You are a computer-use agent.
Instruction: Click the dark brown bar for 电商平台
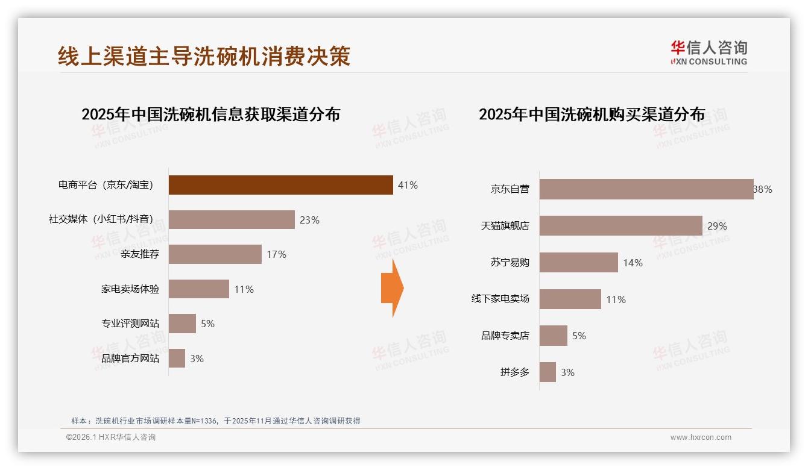pos(280,185)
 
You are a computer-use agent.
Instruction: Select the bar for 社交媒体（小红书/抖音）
pos(232,220)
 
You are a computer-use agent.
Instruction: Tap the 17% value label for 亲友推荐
pos(277,254)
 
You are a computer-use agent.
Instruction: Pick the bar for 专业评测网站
pos(182,324)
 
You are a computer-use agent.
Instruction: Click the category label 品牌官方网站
pos(130,359)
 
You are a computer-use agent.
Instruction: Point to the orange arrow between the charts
pos(392,288)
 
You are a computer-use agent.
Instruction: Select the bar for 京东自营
pos(646,189)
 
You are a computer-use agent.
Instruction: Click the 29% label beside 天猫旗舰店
pos(717,226)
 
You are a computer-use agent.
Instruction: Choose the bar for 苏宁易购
pos(578,263)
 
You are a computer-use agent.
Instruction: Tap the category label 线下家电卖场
pos(500,299)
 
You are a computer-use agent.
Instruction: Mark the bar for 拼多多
pos(548,372)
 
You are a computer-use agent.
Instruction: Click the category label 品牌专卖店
pos(505,336)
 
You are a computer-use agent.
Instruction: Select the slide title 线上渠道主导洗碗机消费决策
pos(204,56)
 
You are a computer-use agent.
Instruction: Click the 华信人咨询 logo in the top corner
pos(709,52)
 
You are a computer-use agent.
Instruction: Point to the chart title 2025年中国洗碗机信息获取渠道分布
pos(210,114)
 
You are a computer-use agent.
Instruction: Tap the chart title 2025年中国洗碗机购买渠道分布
pos(592,114)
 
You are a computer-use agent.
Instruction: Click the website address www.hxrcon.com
pos(701,437)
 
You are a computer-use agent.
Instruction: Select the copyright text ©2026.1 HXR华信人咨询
pos(111,437)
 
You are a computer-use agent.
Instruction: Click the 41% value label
pos(408,185)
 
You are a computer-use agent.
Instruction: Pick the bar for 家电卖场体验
pos(198,289)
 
